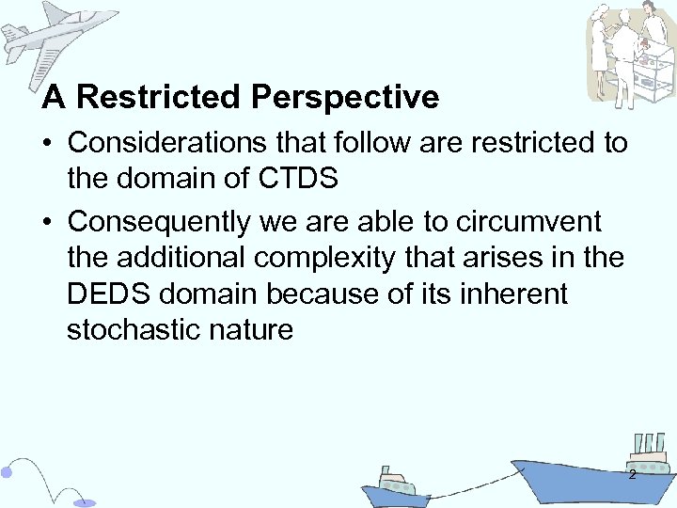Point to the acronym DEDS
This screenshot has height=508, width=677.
point(112,294)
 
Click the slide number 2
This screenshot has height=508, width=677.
point(632,475)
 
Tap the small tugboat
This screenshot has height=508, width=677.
point(394,489)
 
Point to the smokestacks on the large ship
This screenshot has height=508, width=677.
point(649,444)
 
